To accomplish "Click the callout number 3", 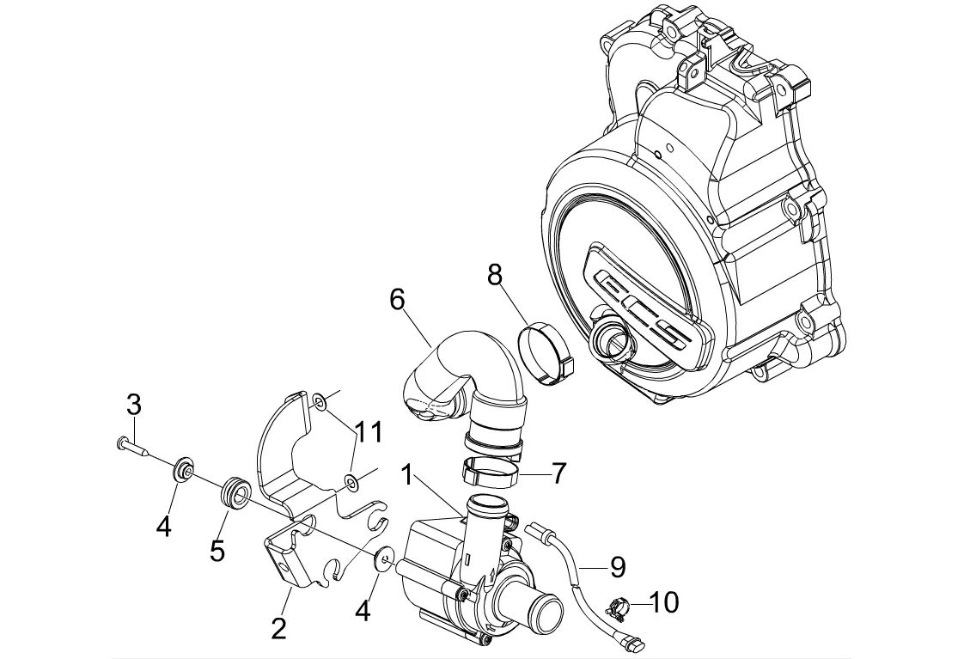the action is pos(134,406).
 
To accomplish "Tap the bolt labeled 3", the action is pos(131,446).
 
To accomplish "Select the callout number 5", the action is pos(217,550).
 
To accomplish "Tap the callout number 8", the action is pos(495,276).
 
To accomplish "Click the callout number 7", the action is pos(558,473).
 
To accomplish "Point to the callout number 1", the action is pos(407,475).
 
